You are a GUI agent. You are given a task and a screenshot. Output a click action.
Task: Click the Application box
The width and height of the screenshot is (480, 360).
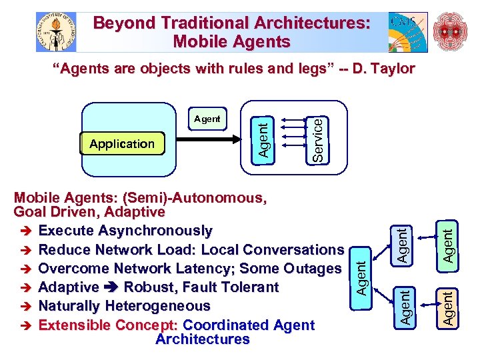(x=121, y=144)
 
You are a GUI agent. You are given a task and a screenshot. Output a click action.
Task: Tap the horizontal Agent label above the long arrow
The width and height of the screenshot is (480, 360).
(x=207, y=119)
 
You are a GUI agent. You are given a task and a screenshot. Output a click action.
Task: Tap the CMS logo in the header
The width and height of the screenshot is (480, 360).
(x=407, y=32)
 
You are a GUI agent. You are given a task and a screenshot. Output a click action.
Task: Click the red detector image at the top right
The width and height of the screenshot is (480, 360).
(x=451, y=32)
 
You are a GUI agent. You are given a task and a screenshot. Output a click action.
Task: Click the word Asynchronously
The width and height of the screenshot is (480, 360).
(x=155, y=231)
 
